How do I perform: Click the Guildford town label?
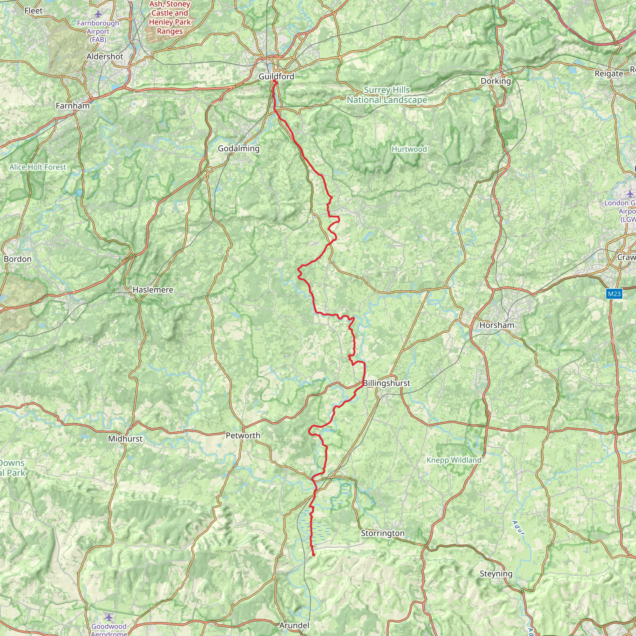pyautogui.click(x=276, y=76)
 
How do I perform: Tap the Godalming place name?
pyautogui.click(x=239, y=148)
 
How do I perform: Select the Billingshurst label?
pyautogui.click(x=387, y=383)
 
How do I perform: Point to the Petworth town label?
pyautogui.click(x=243, y=435)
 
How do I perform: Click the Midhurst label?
pyautogui.click(x=125, y=439)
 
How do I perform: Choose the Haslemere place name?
pyautogui.click(x=153, y=290)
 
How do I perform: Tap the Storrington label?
pyautogui.click(x=383, y=533)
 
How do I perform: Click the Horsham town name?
pyautogui.click(x=497, y=325)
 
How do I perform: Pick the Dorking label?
pyautogui.click(x=496, y=81)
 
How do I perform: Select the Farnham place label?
pyautogui.click(x=72, y=106)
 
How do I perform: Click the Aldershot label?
pyautogui.click(x=105, y=57)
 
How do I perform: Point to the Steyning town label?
pyautogui.click(x=496, y=574)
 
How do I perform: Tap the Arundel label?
pyautogui.click(x=294, y=625)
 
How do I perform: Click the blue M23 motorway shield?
pyautogui.click(x=614, y=294)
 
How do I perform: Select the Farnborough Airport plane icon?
pyautogui.click(x=98, y=14)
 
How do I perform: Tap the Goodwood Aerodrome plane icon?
pyautogui.click(x=109, y=616)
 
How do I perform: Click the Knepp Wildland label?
pyautogui.click(x=454, y=460)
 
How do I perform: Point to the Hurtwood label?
pyautogui.click(x=409, y=149)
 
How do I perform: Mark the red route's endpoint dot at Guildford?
pyautogui.click(x=274, y=81)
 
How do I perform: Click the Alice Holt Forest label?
pyautogui.click(x=38, y=167)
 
